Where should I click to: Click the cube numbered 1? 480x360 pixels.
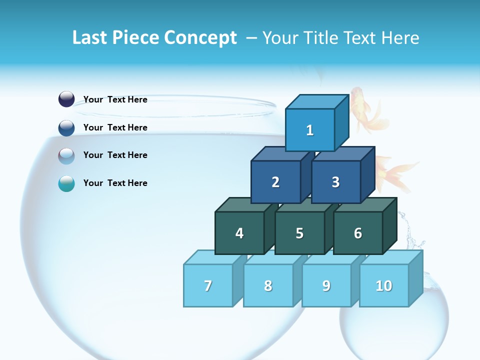310,130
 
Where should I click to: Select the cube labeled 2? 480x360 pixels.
275,182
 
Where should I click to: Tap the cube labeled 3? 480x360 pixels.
335,182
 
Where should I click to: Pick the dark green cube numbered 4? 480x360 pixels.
239,233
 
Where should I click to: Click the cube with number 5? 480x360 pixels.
299,233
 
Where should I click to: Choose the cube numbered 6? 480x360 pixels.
357,233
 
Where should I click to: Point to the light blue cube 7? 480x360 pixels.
208,285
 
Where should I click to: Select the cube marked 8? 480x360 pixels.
268,285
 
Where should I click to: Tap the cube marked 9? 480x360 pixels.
326,285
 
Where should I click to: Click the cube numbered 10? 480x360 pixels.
383,285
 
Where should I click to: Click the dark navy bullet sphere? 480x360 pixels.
66,99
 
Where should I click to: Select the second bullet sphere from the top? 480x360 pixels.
66,127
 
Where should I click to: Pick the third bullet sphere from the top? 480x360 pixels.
66,155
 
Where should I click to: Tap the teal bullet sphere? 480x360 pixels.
66,183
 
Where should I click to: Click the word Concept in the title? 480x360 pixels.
200,38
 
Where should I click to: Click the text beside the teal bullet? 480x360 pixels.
115,183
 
